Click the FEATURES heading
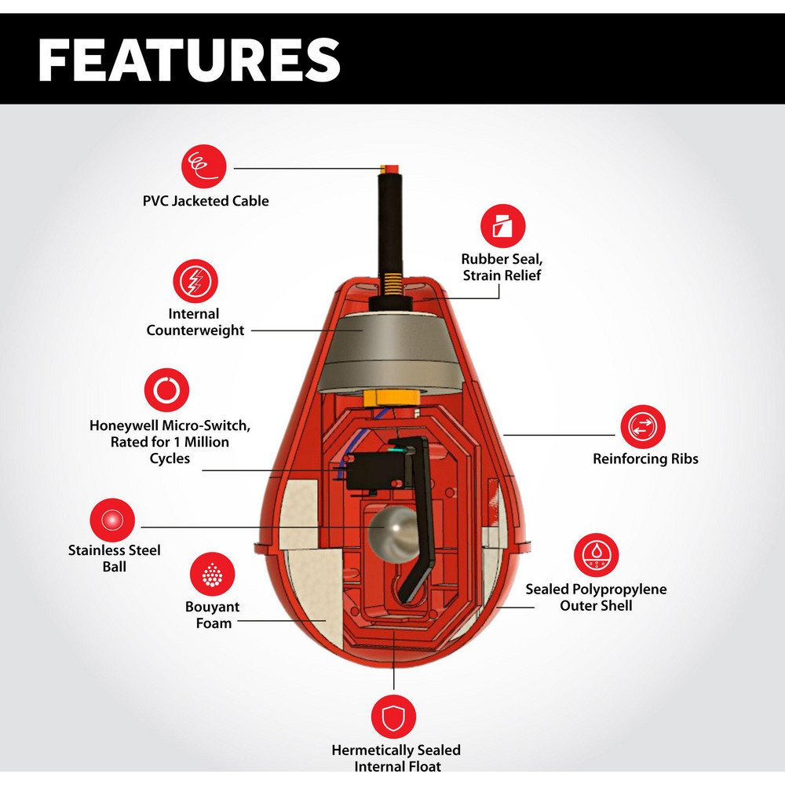pos(189,60)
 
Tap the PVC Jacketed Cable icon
pos(204,166)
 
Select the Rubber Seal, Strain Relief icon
pos(502,226)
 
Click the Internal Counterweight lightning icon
pos(195,281)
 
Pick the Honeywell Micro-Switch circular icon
pos(166,390)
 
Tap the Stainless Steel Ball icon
pos(112,520)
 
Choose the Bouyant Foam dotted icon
pos(212,575)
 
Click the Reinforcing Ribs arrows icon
pos(643,427)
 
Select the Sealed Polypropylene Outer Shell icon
pos(597,555)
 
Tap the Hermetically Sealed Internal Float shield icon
pos(393,717)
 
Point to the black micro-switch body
pos(374,471)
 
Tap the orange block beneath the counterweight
pos(391,398)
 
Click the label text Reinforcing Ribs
pos(645,458)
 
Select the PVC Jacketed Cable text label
pos(206,201)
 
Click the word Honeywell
pos(123,425)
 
